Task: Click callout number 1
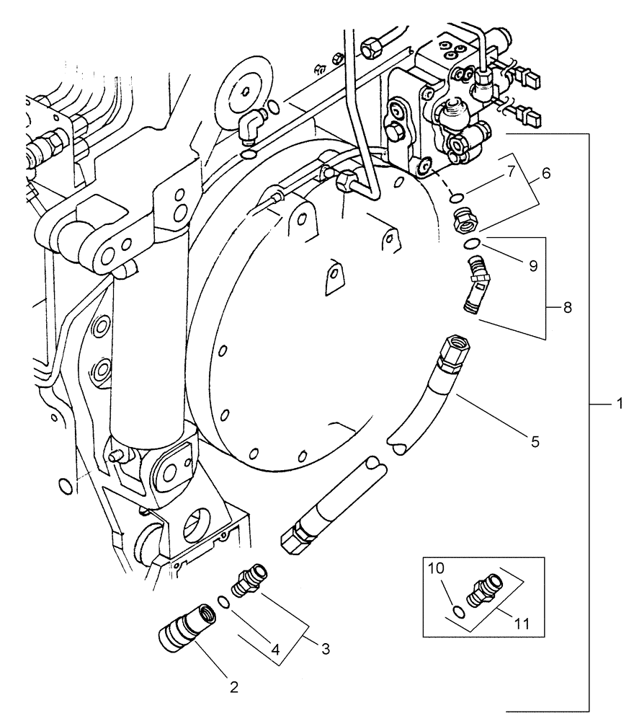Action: click(x=617, y=406)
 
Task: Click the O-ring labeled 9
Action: click(x=470, y=244)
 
